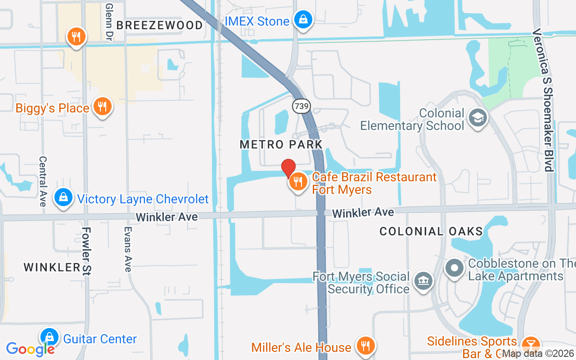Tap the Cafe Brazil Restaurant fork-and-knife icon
click(297, 182)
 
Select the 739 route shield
click(301, 107)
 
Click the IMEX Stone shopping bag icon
click(303, 19)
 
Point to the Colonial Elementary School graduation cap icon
click(477, 118)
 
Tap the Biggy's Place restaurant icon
click(103, 107)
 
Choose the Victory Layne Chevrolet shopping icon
click(63, 198)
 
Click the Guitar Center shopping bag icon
click(49, 337)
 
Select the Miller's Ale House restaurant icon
click(365, 346)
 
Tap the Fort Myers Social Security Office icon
click(423, 281)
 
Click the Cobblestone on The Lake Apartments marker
click(454, 268)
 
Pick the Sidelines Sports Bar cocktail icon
click(531, 346)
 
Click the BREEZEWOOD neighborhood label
click(160, 25)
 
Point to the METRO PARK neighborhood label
click(281, 144)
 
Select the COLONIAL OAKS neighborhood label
click(431, 232)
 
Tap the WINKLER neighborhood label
click(52, 267)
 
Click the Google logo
click(30, 349)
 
